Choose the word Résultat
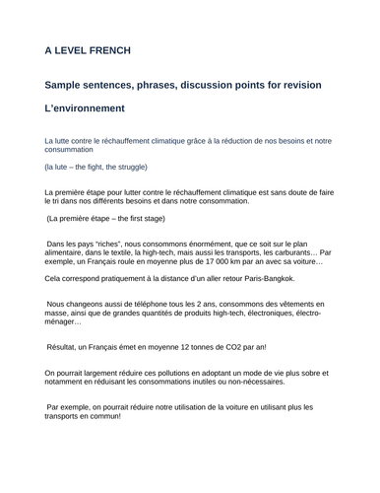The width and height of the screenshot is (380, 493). (x=66, y=346)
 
